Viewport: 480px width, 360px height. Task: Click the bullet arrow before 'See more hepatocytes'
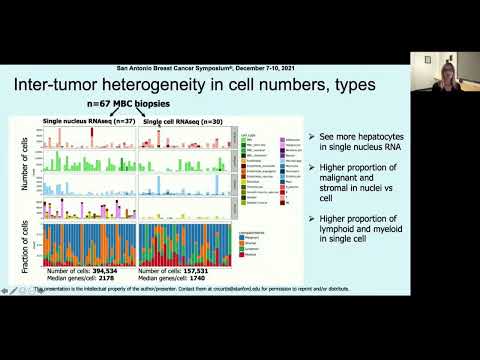coord(312,135)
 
